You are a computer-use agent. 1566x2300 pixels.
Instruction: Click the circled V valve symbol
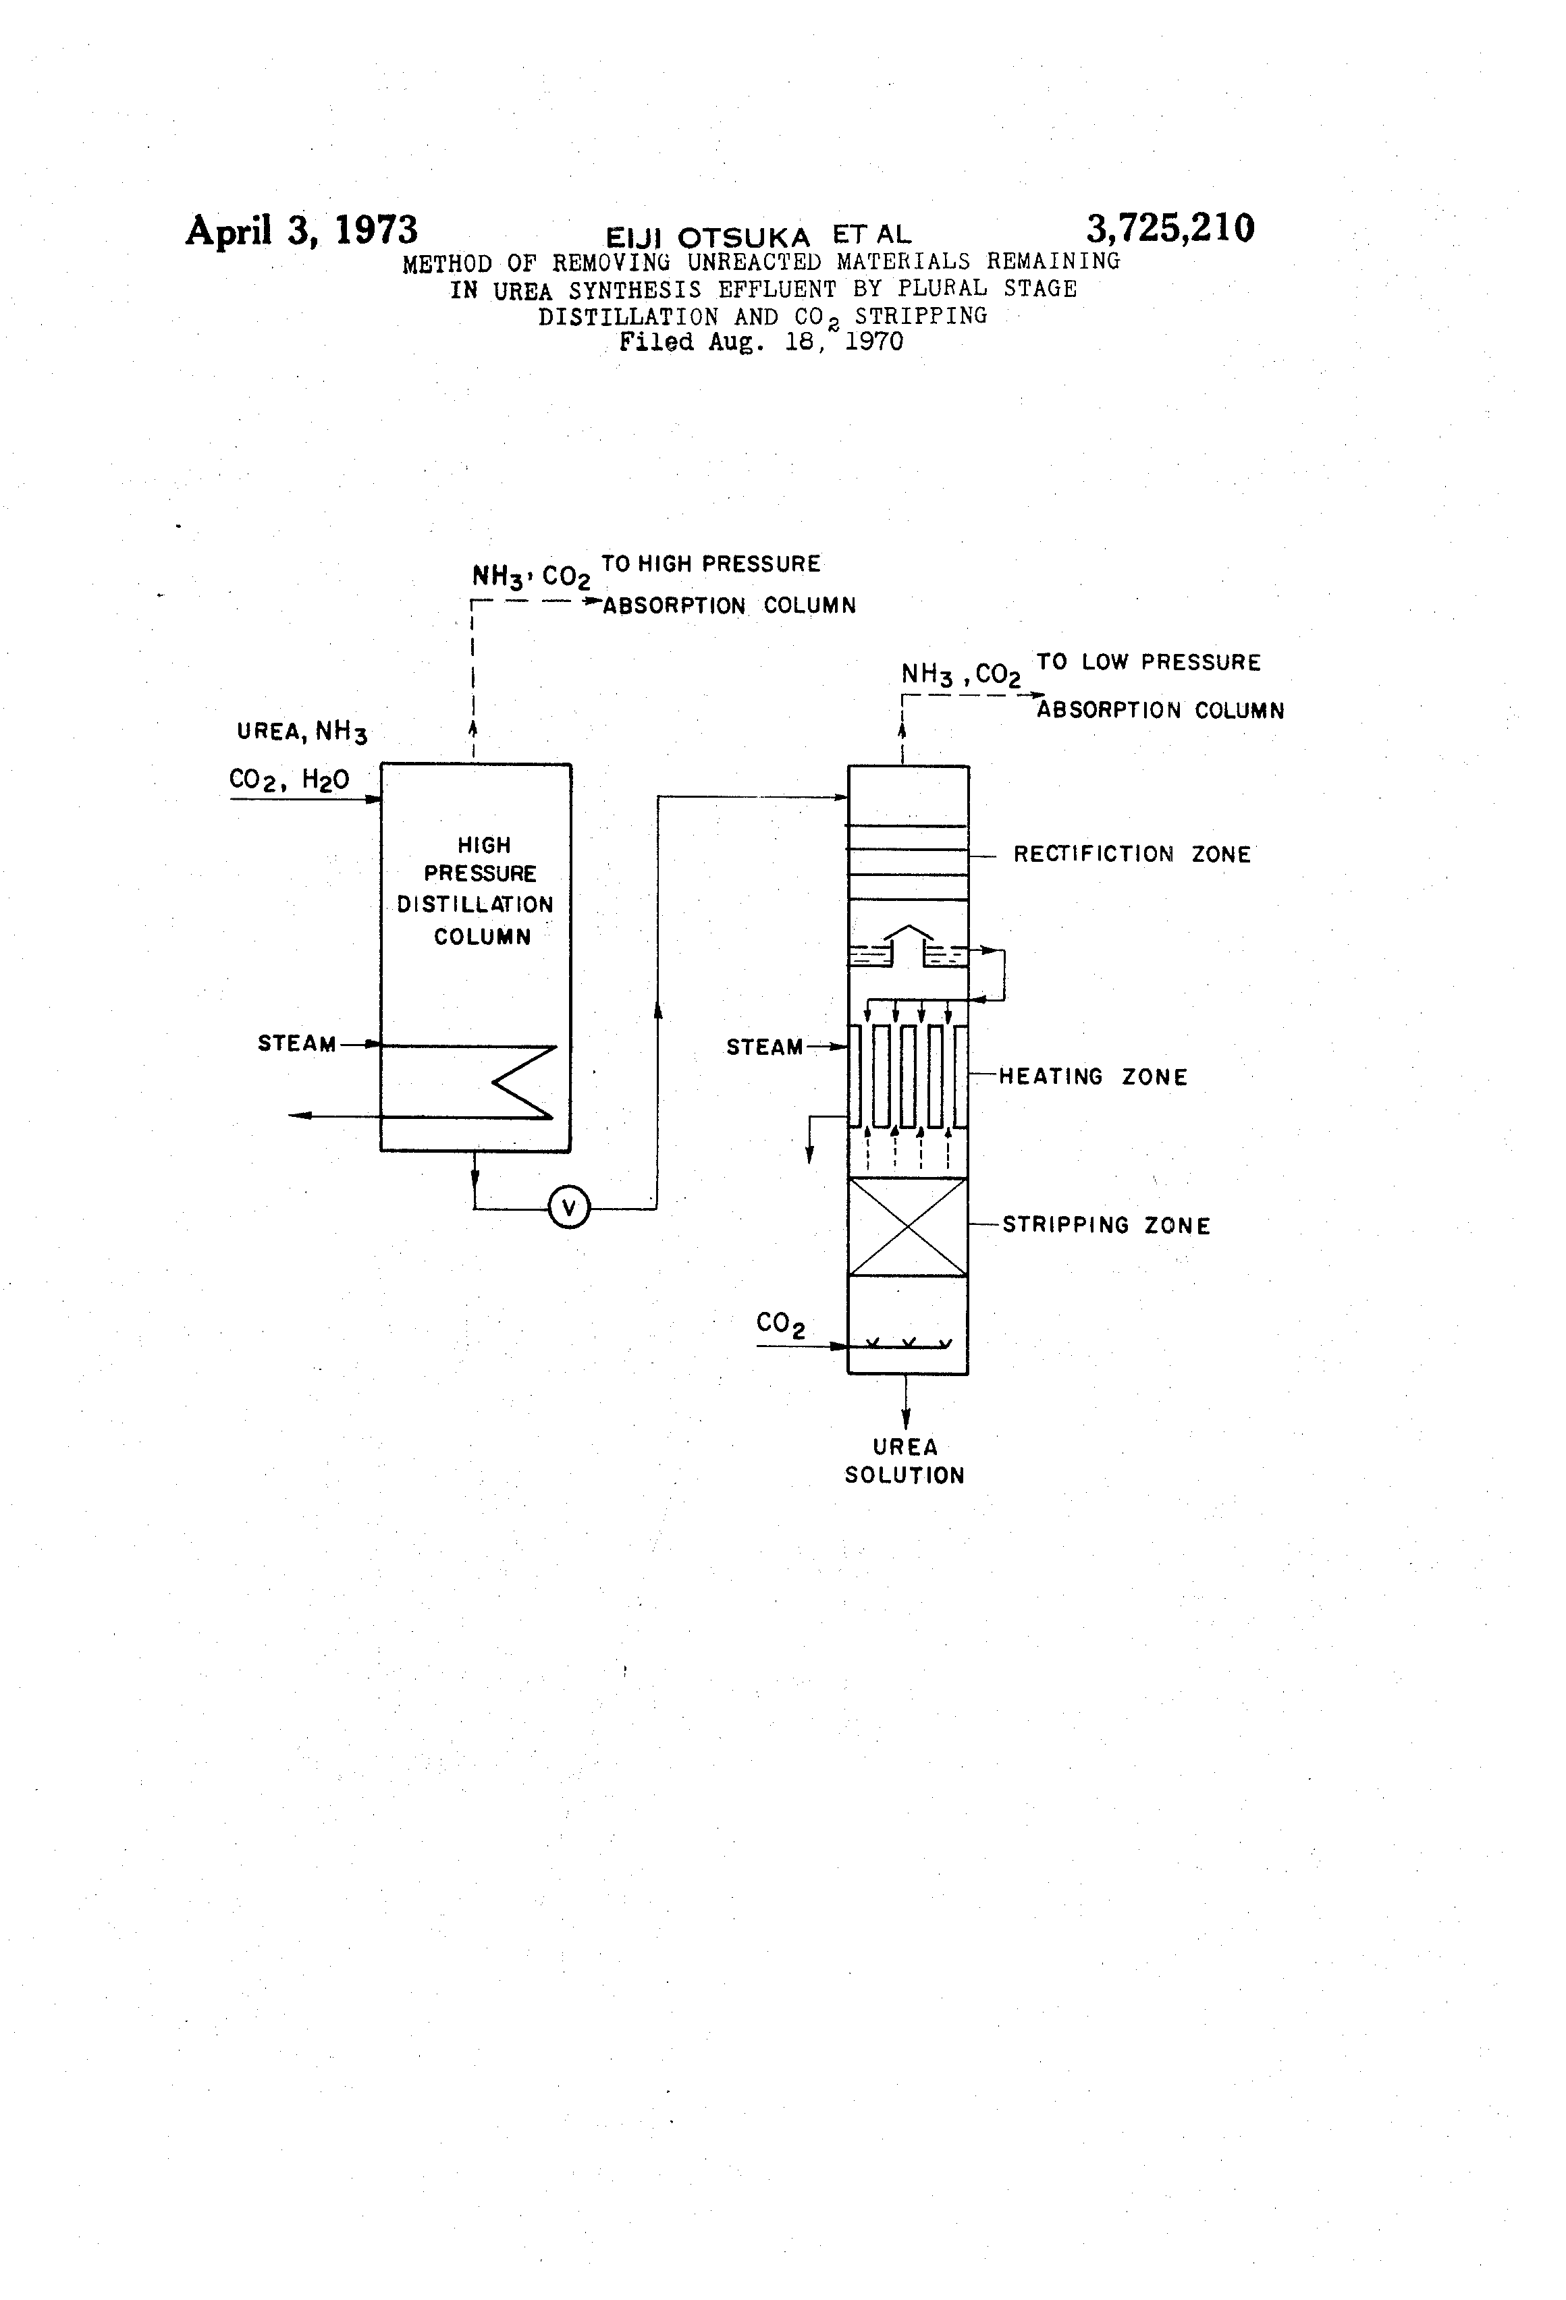(568, 1207)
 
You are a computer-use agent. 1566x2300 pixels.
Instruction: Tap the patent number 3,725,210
(1169, 229)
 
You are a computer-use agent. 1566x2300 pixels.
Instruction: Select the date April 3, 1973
(301, 231)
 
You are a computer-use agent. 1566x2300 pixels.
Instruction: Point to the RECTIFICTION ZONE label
(1131, 854)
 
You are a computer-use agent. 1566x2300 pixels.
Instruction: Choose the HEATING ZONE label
(1092, 1076)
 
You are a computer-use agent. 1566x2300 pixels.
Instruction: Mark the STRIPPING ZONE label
(1106, 1225)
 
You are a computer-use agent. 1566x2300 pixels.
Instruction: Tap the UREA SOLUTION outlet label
(904, 1460)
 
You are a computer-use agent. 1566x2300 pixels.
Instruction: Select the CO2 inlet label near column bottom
(780, 1324)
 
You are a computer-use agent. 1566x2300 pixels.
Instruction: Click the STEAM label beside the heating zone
(764, 1047)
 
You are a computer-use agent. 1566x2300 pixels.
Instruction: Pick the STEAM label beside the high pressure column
(296, 1043)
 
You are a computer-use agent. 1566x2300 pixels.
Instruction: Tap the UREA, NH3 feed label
(302, 732)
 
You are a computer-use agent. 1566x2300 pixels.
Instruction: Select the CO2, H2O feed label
(289, 780)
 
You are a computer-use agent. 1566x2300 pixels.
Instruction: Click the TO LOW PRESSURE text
(1148, 662)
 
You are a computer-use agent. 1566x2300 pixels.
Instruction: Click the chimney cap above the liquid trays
(908, 931)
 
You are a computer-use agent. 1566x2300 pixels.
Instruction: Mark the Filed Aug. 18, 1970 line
(760, 342)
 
